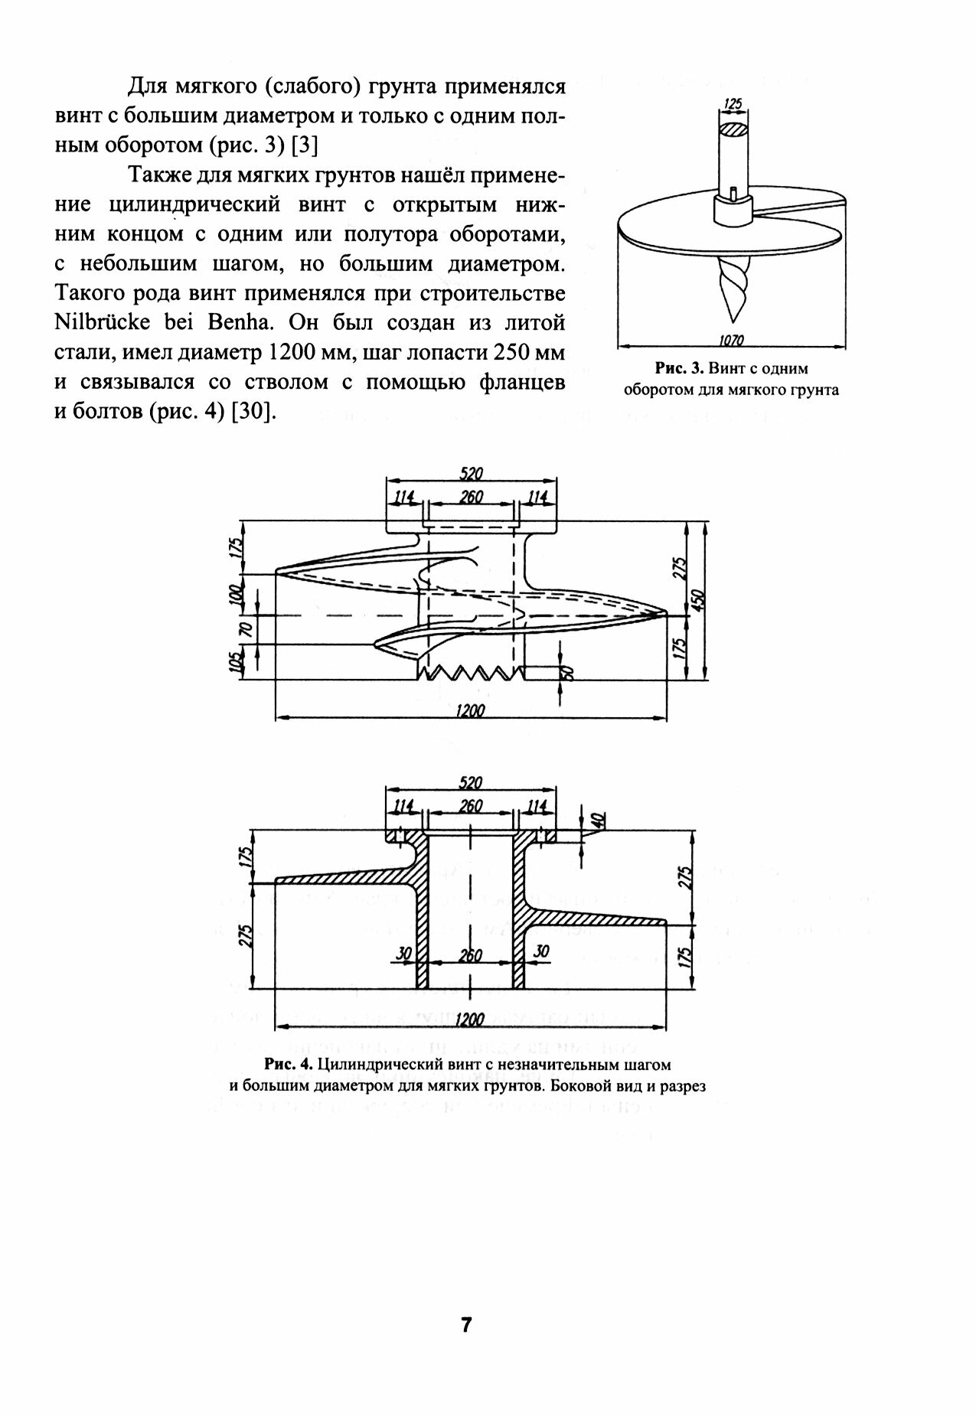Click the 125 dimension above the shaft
(x=733, y=103)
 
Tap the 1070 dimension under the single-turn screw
(x=733, y=340)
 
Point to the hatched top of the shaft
(x=733, y=130)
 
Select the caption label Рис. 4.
(x=288, y=1064)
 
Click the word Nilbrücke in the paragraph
(x=100, y=321)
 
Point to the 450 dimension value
(x=697, y=601)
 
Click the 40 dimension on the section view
(x=599, y=818)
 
